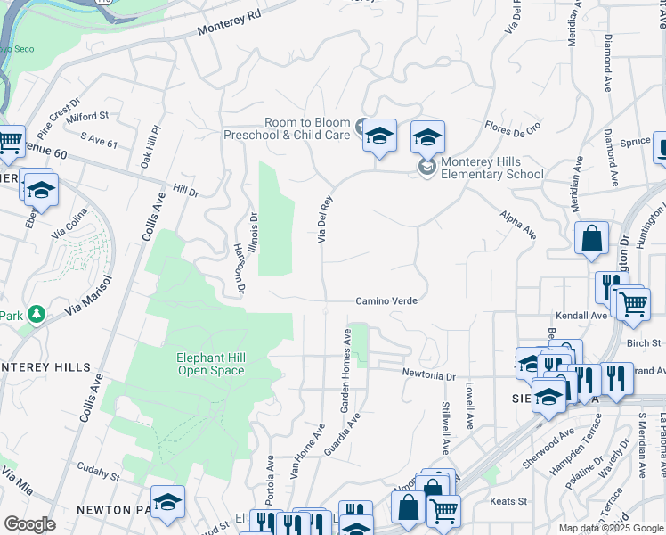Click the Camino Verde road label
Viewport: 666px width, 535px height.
click(387, 301)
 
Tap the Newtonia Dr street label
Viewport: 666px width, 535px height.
click(428, 374)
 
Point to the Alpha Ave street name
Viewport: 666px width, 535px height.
click(518, 226)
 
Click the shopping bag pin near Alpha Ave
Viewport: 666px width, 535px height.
click(591, 239)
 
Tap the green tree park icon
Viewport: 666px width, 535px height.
click(37, 314)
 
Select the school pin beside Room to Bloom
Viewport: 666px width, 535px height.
click(379, 136)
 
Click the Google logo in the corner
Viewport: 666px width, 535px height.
click(29, 524)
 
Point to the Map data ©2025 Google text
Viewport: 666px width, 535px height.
click(610, 528)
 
